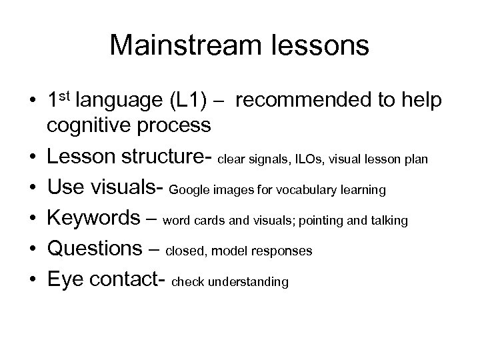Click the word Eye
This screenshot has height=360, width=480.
point(66,281)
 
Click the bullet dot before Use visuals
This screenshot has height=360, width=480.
point(33,189)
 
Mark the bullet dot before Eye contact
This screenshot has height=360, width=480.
point(33,281)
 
